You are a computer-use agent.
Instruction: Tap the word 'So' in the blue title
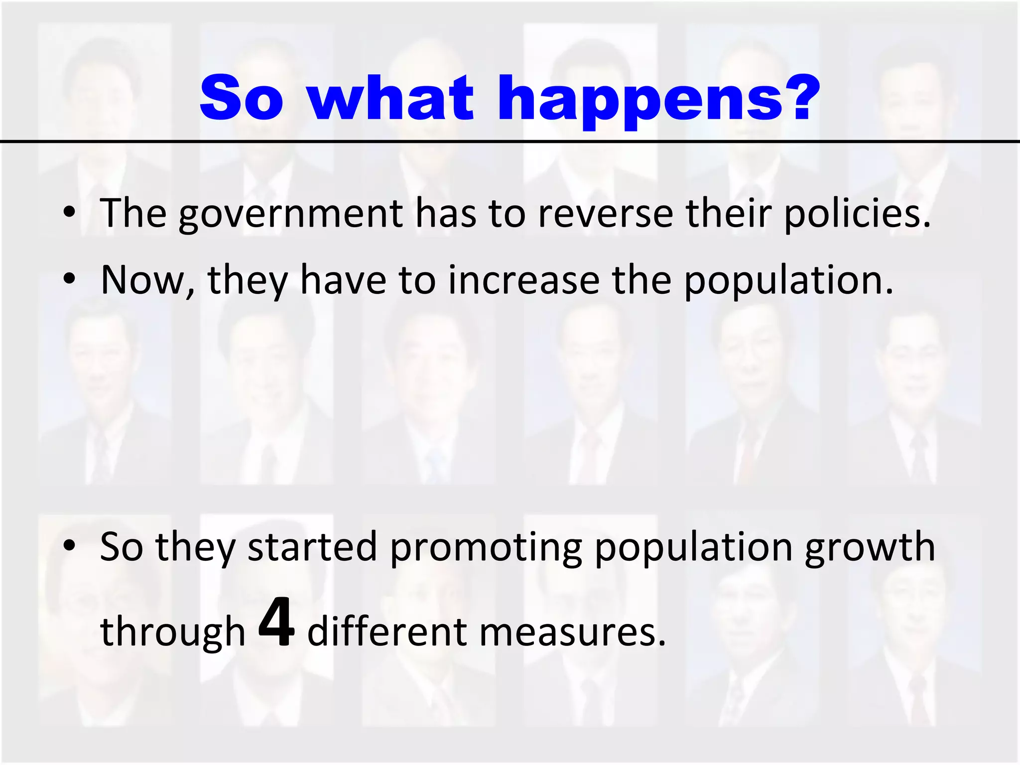tap(242, 99)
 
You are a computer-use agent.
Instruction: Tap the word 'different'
tap(386, 632)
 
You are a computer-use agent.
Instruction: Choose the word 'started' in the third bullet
tap(312, 547)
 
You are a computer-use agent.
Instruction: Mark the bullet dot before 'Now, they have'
tap(69, 280)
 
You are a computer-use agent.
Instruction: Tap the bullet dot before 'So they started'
tap(69, 547)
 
